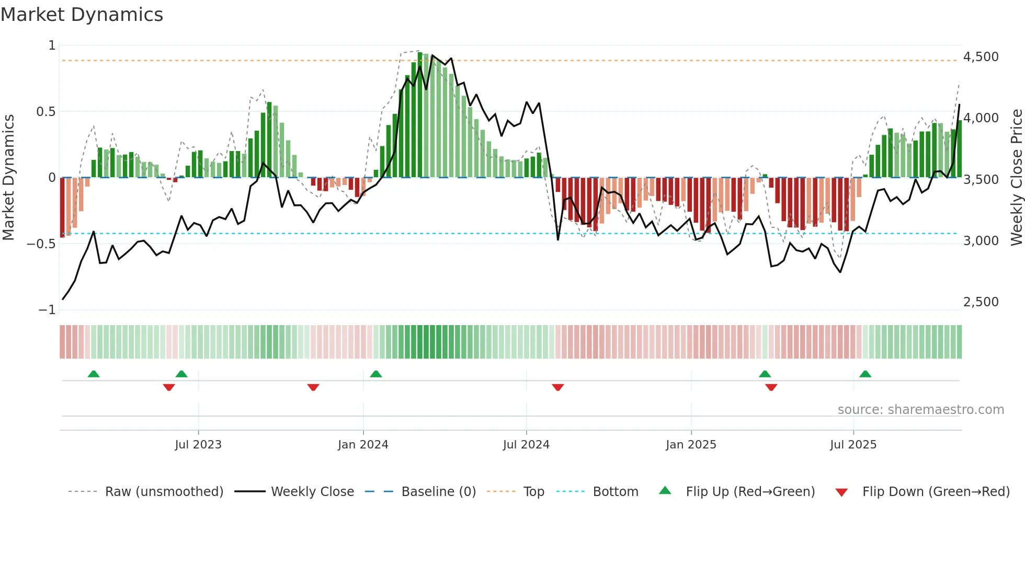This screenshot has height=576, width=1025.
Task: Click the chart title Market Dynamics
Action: point(82,15)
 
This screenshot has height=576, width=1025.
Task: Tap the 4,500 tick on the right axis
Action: point(981,57)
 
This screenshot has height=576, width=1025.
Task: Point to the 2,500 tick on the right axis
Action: point(981,302)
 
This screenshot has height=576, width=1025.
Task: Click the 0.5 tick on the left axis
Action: point(45,112)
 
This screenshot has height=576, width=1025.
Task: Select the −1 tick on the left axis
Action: point(47,310)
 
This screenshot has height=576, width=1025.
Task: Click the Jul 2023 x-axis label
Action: point(198,445)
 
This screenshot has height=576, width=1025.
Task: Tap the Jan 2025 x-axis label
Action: point(691,445)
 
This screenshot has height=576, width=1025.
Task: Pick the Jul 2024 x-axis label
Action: point(526,445)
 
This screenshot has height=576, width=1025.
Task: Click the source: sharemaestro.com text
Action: point(920,410)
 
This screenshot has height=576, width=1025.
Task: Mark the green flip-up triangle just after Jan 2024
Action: point(375,374)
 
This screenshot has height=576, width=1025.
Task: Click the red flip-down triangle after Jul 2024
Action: point(557,387)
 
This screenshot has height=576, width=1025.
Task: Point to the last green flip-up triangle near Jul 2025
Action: point(865,374)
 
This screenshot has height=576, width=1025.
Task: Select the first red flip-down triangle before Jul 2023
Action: point(168,387)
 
